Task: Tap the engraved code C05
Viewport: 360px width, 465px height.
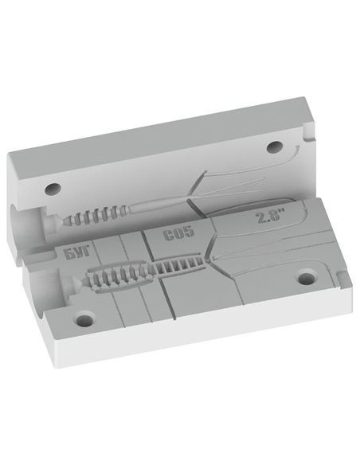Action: (178, 232)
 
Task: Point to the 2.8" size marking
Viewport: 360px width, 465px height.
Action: (268, 217)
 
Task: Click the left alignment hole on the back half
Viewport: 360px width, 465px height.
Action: (53, 189)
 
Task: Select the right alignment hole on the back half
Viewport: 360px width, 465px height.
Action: (274, 147)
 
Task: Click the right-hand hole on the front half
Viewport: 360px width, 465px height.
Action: (307, 277)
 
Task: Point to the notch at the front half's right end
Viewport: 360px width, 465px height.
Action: (344, 278)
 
